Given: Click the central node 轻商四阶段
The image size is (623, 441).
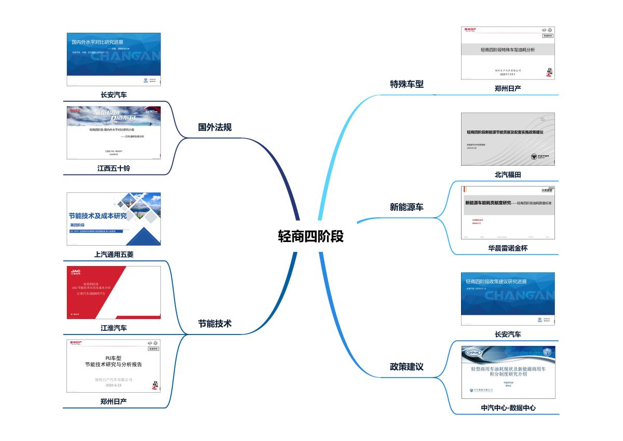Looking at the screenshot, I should point(310,236).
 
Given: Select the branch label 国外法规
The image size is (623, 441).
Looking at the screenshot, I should point(215,127).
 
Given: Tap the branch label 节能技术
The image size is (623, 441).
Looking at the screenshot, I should point(215,324).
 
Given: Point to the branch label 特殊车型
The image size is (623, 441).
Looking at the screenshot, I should point(407,84).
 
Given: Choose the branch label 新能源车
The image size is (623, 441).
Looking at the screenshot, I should point(407,207).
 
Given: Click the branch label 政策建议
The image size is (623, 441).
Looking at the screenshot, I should point(407,367).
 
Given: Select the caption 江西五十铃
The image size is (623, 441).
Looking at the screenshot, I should point(114,168).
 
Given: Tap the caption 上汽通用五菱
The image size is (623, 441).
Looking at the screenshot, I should point(114,255).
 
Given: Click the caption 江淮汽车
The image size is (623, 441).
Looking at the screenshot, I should point(114,328).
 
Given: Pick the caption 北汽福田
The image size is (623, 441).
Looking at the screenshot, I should point(508,175).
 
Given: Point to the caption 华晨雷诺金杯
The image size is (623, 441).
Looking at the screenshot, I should point(508,248).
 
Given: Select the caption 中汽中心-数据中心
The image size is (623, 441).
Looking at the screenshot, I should point(508,408).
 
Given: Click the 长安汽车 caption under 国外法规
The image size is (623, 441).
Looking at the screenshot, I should point(114,95).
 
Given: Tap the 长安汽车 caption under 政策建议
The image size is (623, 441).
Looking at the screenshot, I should point(508,335).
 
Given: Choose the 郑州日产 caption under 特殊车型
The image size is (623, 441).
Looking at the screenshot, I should point(508,88).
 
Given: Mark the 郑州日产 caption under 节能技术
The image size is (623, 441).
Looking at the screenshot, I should point(114,401).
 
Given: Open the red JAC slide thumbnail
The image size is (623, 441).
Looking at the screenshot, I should point(114,292).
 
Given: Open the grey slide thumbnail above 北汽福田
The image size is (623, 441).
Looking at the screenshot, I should point(508,139).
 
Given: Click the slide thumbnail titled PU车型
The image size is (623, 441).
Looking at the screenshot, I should point(114,366).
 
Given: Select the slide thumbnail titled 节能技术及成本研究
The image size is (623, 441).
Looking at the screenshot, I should point(114,219).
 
